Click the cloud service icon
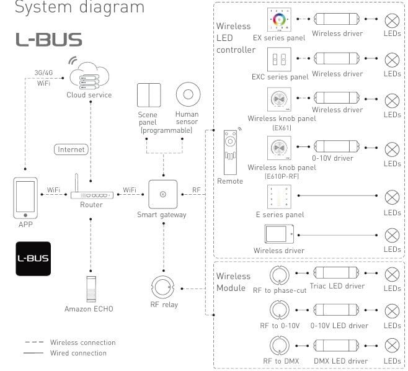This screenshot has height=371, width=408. click(x=89, y=76)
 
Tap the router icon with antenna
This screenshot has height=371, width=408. click(x=91, y=193)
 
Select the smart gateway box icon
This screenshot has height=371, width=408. click(x=162, y=194)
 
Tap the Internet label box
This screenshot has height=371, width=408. click(x=71, y=150)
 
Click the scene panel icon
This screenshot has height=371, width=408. click(x=149, y=96)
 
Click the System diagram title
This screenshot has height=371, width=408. click(x=79, y=8)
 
